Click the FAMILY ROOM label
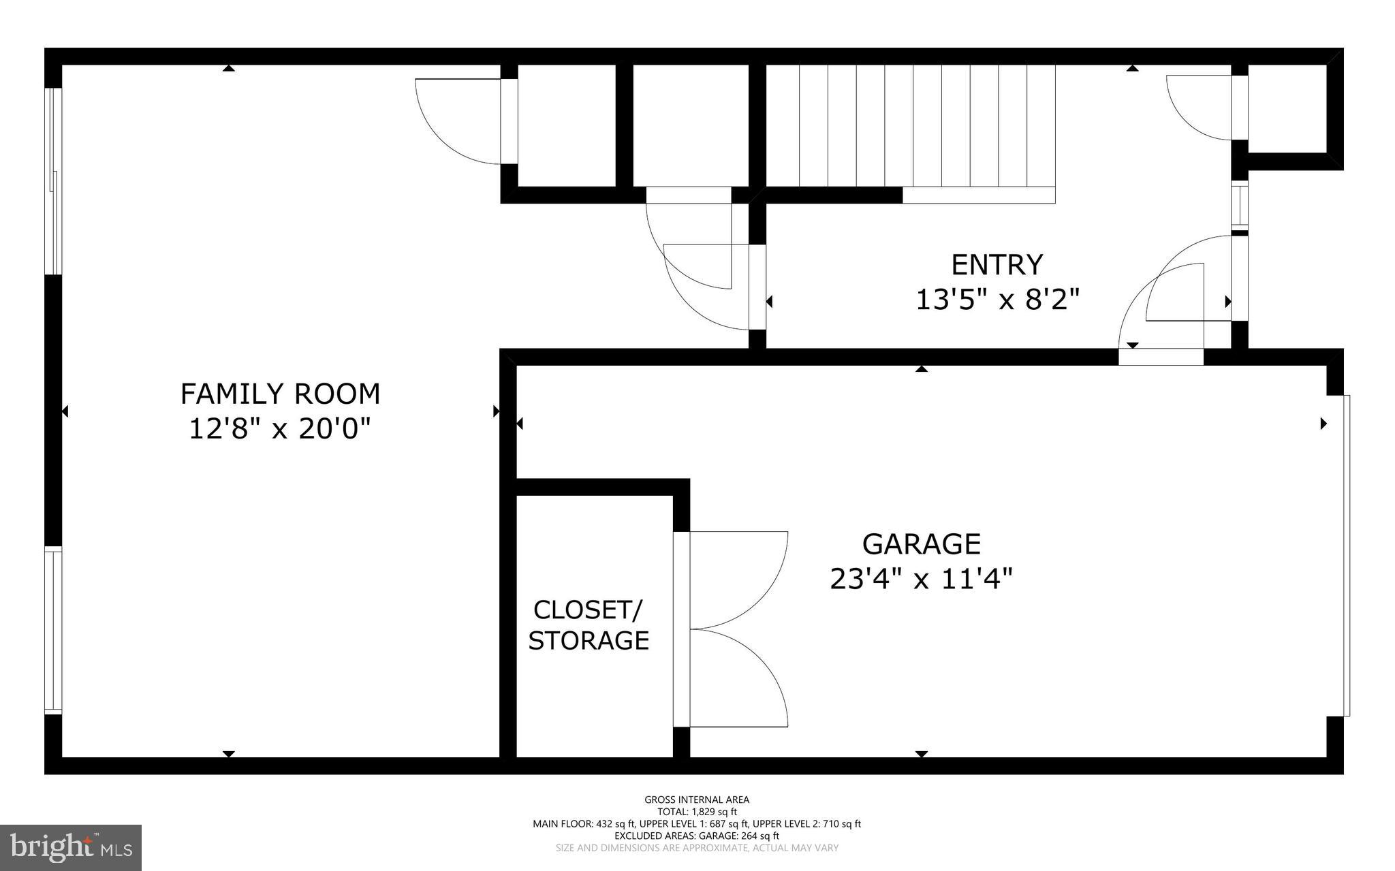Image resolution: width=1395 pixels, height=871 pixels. (280, 394)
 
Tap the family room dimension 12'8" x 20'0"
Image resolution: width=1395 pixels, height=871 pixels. (280, 429)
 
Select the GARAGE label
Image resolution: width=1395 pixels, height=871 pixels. (921, 544)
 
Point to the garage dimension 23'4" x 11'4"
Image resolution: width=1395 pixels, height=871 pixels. (921, 580)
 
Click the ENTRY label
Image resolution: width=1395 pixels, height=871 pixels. (997, 264)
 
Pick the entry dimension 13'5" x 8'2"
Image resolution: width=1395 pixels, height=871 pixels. (997, 300)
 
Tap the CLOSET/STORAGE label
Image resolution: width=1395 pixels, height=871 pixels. (589, 625)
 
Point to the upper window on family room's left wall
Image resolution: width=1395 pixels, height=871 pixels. (54, 181)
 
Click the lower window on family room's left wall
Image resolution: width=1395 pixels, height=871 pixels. (54, 630)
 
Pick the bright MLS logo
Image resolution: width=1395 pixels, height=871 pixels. (71, 847)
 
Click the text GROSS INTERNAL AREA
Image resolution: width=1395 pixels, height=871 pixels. (696, 799)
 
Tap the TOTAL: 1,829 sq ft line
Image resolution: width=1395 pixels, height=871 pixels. (696, 812)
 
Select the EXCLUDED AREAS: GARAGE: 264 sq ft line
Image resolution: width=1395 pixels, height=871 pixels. (696, 836)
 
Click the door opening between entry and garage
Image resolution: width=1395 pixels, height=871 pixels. (1161, 356)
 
